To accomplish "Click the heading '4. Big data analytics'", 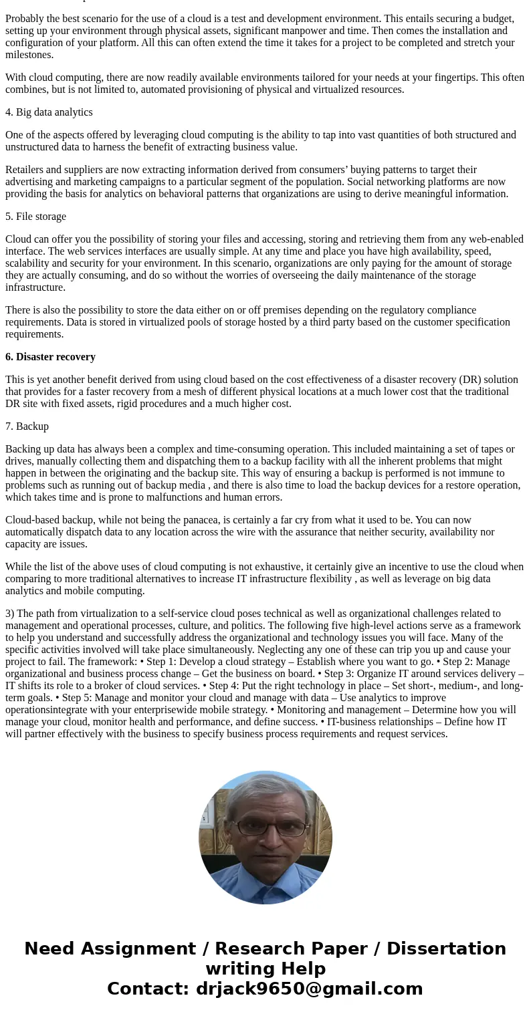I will click(x=49, y=112).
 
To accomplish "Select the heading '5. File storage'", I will click(x=35, y=217).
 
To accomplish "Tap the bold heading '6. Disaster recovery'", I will click(x=50, y=357).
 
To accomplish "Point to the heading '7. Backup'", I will click(x=27, y=426).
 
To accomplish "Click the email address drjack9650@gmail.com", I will click(x=309, y=989).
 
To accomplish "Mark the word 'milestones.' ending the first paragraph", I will click(x=29, y=55).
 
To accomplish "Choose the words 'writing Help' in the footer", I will click(x=265, y=969).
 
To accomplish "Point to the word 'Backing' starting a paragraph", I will click(x=23, y=449).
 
